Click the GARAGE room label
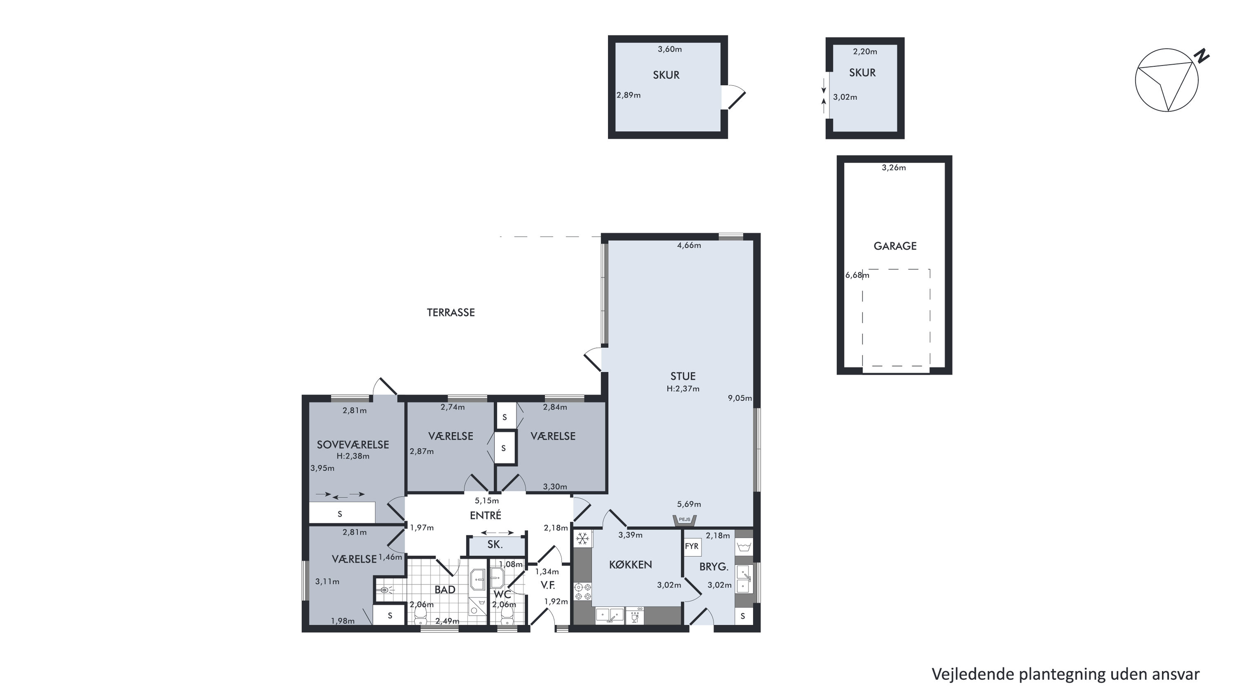pos(895,246)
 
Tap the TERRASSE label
pos(450,312)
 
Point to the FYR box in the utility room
pos(691,547)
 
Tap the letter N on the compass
pos(1202,56)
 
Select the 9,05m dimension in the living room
pos(740,398)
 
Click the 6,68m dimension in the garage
pos(857,275)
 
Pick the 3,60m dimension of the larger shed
pos(669,49)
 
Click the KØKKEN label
pos(631,565)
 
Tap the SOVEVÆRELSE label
pos(353,445)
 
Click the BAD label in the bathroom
pos(445,589)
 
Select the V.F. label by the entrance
pos(548,585)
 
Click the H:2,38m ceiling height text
pos(353,456)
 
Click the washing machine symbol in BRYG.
pos(744,547)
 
